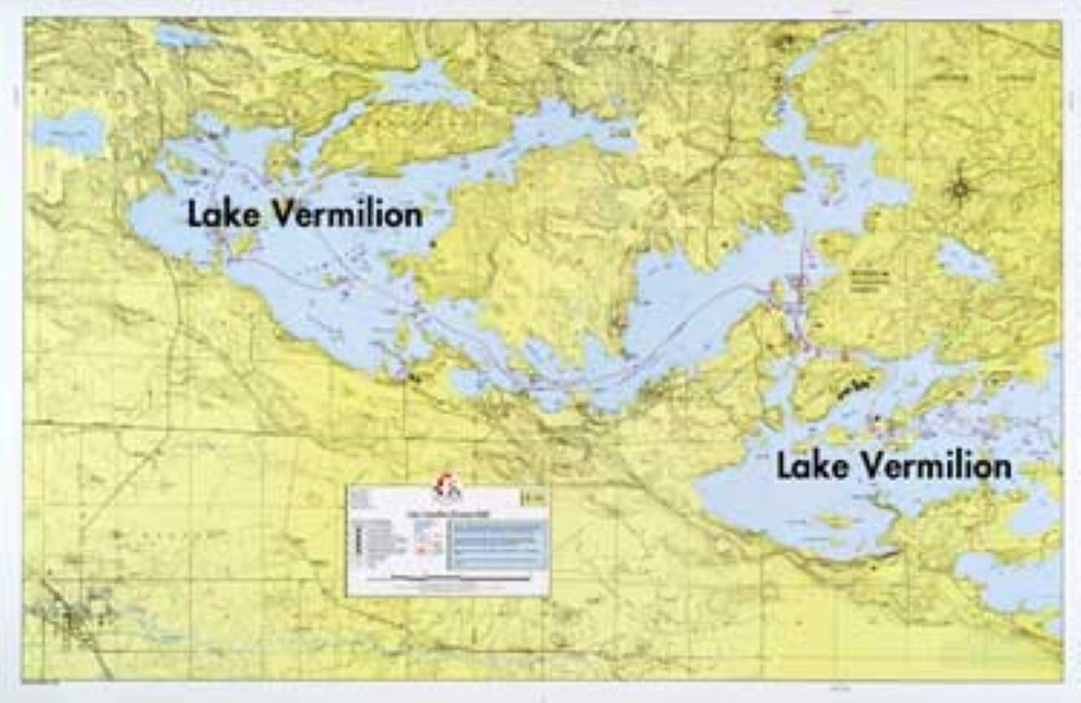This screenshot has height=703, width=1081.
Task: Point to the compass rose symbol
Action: pyautogui.click(x=961, y=187)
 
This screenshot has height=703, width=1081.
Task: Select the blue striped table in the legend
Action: pyautogui.click(x=497, y=545)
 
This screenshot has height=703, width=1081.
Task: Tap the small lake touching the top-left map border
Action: pyautogui.click(x=180, y=37)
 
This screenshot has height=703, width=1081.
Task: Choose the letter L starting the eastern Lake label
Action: pyautogui.click(x=784, y=466)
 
